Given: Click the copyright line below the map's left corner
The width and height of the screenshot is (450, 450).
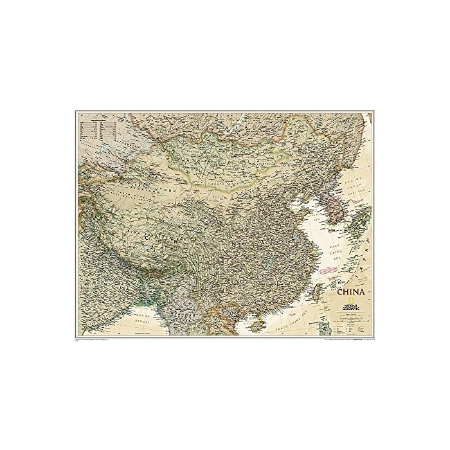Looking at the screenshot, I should [x=96, y=341].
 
